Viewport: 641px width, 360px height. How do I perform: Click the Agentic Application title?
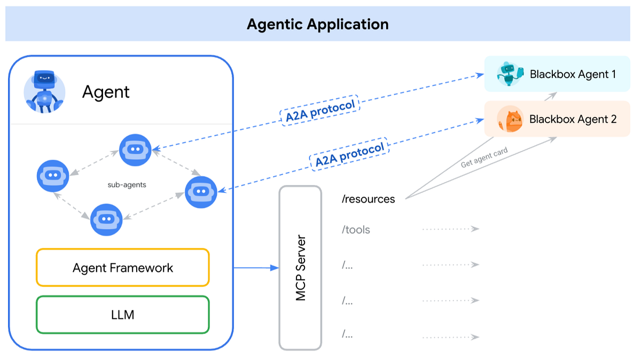[317, 24]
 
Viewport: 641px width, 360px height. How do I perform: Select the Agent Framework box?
[122, 268]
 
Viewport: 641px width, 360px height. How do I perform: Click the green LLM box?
[122, 315]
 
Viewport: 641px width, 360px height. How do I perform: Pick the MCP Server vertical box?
[300, 268]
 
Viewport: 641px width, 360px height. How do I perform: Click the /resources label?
[369, 199]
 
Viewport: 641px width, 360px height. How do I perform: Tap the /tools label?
[356, 230]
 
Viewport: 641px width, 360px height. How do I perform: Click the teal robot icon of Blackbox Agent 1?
[508, 74]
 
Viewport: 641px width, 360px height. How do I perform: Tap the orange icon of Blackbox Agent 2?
[509, 119]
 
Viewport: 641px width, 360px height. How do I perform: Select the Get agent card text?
[484, 159]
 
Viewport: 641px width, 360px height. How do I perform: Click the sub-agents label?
[127, 185]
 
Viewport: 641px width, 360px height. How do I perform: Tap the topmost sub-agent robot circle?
[135, 150]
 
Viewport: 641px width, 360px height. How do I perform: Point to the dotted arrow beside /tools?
[450, 229]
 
